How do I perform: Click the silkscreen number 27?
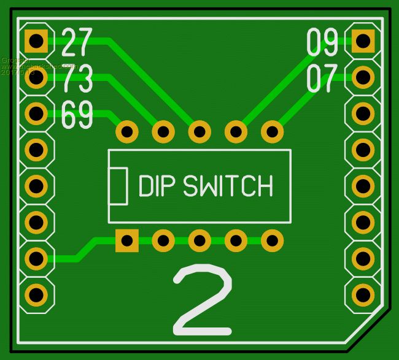click(77, 42)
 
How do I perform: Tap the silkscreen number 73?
click(77, 78)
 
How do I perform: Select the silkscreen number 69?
click(77, 115)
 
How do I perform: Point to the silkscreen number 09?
click(322, 42)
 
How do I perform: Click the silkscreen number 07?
click(322, 79)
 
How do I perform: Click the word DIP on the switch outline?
click(157, 186)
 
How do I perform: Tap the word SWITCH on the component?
click(228, 186)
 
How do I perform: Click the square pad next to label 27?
click(36, 42)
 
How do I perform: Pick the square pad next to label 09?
click(363, 42)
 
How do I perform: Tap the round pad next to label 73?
click(36, 77)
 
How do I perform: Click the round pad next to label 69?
click(36, 113)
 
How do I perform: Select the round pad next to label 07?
click(363, 77)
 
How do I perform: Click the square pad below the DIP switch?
click(127, 240)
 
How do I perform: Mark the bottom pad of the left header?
click(36, 294)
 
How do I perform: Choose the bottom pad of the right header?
click(363, 294)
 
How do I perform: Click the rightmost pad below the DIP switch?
click(271, 240)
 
